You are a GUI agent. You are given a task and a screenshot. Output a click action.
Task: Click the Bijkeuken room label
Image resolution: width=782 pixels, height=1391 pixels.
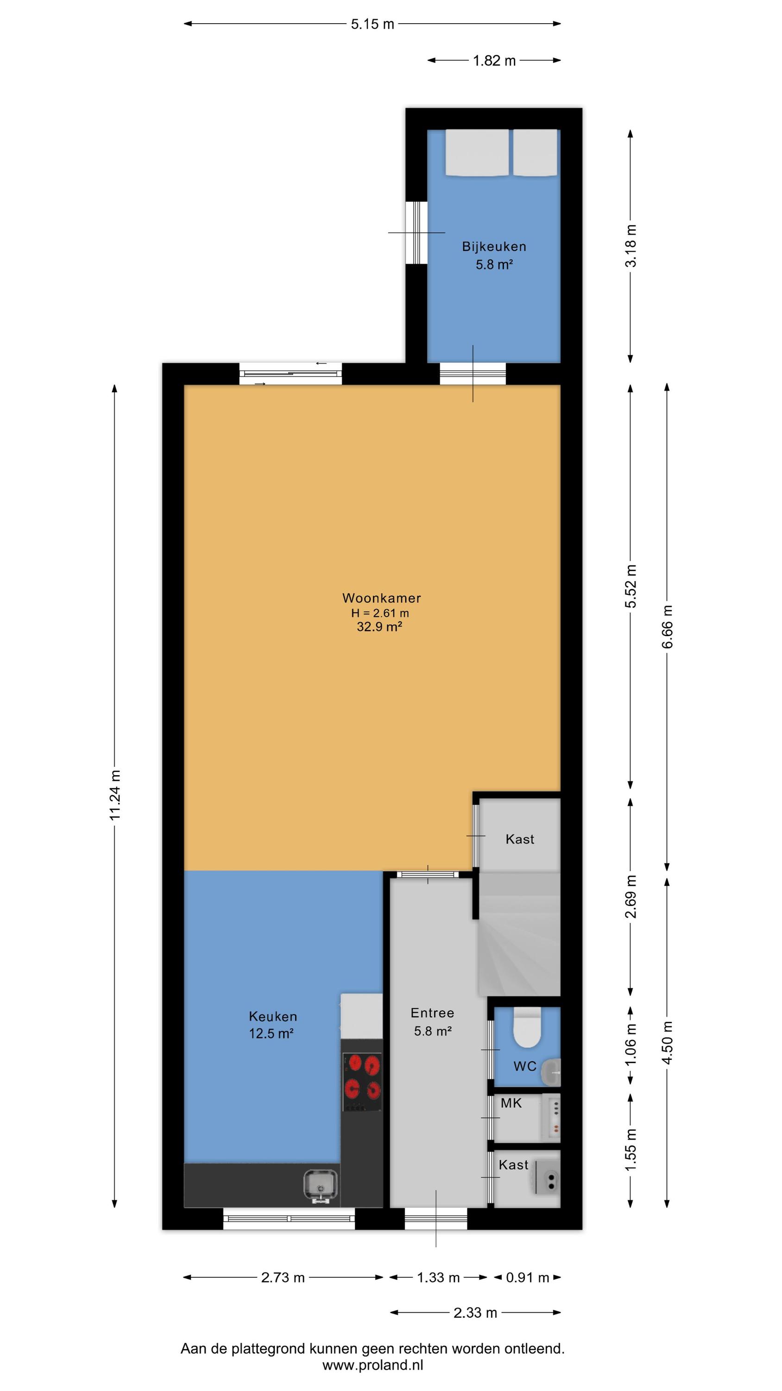[494, 247]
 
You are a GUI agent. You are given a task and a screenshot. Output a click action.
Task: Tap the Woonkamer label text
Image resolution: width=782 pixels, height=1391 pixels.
[382, 598]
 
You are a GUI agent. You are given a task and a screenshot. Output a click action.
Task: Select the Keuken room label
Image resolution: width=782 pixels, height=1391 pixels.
[272, 1016]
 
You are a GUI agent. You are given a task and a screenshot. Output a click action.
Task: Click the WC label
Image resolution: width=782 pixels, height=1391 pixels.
[525, 1066]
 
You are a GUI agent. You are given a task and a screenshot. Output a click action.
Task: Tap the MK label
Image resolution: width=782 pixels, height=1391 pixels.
[511, 1103]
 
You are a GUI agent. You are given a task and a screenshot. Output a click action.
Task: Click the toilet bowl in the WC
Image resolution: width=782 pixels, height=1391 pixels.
[527, 1027]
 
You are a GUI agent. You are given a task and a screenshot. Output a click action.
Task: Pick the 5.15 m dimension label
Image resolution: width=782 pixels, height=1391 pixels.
[372, 24]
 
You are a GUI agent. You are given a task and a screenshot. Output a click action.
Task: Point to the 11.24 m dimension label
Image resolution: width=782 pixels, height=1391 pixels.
[115, 795]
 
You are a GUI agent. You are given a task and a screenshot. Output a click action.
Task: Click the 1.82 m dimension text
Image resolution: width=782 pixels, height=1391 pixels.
[494, 60]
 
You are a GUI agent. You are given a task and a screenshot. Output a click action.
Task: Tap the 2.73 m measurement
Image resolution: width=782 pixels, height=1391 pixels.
[283, 1277]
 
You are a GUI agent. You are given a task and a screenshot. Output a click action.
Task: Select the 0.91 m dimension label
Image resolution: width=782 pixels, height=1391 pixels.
[527, 1277]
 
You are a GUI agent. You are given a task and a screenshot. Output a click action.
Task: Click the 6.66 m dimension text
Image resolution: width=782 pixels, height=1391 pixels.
[668, 626]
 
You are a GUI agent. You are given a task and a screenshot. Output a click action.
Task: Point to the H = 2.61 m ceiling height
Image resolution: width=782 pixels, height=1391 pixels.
[380, 613]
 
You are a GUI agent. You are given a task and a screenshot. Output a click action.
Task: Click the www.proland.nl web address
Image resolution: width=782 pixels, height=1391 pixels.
[373, 1365]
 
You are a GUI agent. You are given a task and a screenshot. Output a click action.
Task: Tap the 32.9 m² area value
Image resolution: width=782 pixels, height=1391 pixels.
[379, 626]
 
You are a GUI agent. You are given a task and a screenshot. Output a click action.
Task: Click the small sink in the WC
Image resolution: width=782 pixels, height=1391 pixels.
[552, 1072]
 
